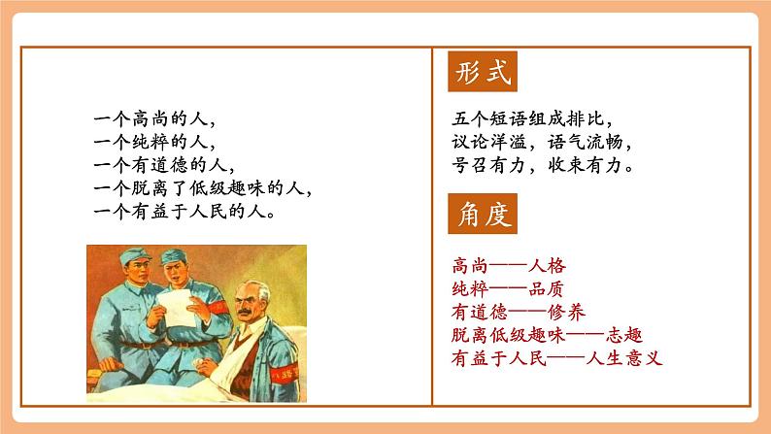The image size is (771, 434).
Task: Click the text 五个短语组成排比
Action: point(533,119)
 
